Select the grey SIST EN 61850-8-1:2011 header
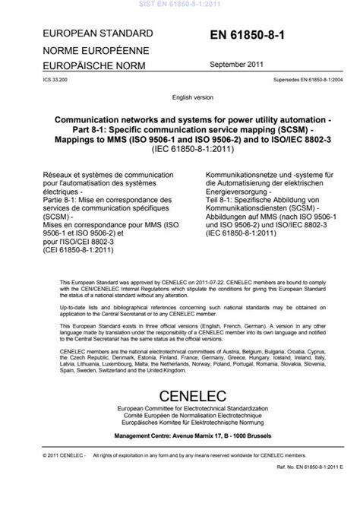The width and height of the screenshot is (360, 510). (179, 4)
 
